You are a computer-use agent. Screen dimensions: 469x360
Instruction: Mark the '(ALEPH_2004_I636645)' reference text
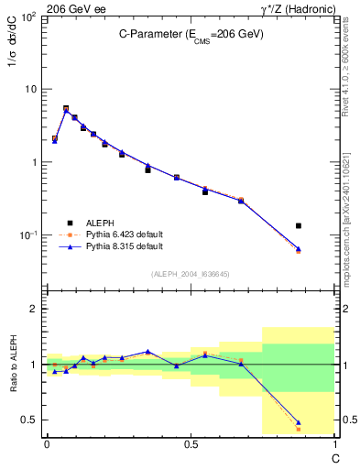(190, 274)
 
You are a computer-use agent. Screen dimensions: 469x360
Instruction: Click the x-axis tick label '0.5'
(190, 445)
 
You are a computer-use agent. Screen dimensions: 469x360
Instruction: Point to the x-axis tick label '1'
(334, 445)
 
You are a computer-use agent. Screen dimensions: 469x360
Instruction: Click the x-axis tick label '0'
(46, 445)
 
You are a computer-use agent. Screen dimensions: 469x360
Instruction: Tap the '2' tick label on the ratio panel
(34, 310)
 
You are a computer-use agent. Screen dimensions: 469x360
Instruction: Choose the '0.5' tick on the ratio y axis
(29, 420)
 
